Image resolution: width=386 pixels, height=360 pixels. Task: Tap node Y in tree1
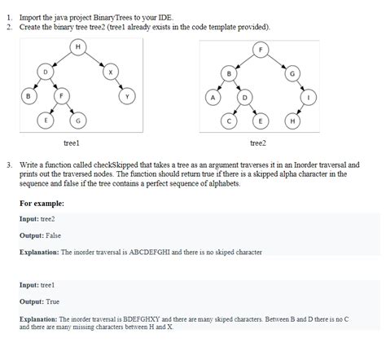point(126,96)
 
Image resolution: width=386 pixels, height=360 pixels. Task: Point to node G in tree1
point(77,121)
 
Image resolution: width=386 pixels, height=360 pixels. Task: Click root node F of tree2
point(261,48)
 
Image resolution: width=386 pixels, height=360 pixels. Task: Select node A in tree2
point(212,97)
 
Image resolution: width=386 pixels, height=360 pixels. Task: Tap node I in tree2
point(309,97)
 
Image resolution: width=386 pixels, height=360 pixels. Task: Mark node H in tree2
point(293,121)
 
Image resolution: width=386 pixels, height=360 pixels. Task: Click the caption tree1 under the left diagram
point(71,143)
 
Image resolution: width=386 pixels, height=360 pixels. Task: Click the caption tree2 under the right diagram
point(259,143)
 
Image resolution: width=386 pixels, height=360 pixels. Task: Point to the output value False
point(54,235)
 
